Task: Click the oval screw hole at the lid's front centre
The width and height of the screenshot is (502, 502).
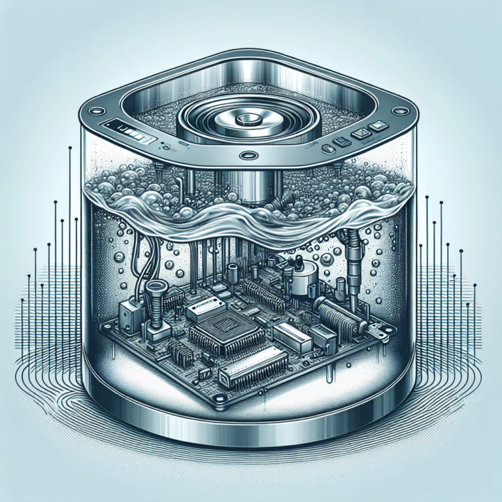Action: [248, 156]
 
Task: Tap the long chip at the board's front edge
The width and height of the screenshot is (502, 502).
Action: [254, 364]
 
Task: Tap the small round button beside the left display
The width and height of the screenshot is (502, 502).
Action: [165, 148]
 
